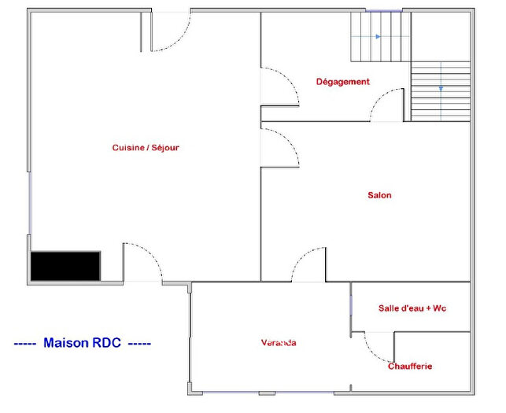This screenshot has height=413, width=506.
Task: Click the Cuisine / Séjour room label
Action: coord(146,147)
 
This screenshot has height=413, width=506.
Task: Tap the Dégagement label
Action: coord(342,82)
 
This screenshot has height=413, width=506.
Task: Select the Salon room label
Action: coord(379,195)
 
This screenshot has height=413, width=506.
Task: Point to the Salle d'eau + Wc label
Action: coord(412,308)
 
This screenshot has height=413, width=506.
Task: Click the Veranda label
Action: coord(279,342)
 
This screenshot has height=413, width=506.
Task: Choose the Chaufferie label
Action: coord(409,366)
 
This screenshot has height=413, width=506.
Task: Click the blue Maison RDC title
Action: coord(83,343)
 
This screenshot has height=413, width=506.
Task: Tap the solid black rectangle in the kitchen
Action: coord(65,265)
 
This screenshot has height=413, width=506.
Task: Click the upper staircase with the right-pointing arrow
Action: coord(380,37)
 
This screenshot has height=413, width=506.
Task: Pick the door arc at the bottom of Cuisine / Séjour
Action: coord(144,264)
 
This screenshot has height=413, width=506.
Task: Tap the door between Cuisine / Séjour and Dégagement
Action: coord(279,87)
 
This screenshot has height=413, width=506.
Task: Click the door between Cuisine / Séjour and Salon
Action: coord(279,147)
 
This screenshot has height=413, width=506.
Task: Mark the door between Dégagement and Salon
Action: coord(387,105)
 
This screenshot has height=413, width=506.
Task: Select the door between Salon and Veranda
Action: coord(308,265)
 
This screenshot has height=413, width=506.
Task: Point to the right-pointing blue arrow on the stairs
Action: coord(379,37)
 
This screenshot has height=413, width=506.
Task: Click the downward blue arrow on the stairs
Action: coord(441,88)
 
